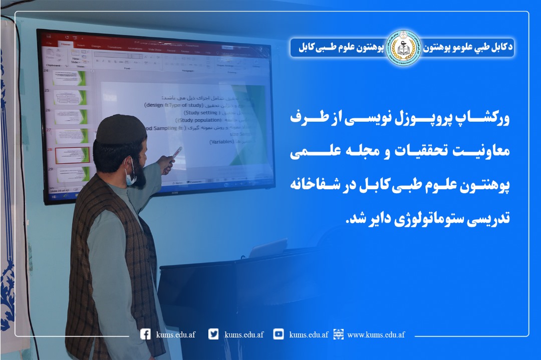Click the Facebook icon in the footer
[146, 334]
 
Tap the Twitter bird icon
[214, 334]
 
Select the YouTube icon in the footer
[279, 334]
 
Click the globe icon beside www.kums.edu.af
[339, 334]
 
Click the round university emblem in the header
[403, 48]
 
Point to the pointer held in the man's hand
[177, 153]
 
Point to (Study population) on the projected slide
[199, 120]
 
